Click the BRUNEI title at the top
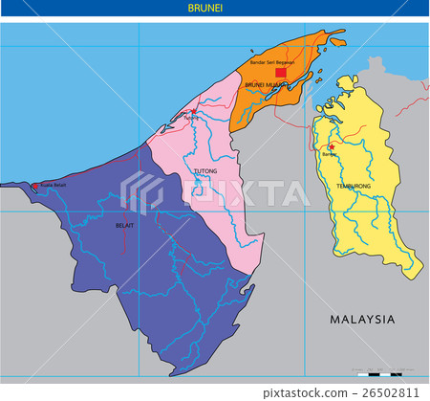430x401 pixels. coord(214,9)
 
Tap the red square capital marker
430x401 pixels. coord(280,72)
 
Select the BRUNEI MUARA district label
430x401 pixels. coord(267,85)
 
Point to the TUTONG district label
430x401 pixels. coord(205,172)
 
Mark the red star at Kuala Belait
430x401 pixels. coord(34,186)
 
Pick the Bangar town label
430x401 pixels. coord(330,153)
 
